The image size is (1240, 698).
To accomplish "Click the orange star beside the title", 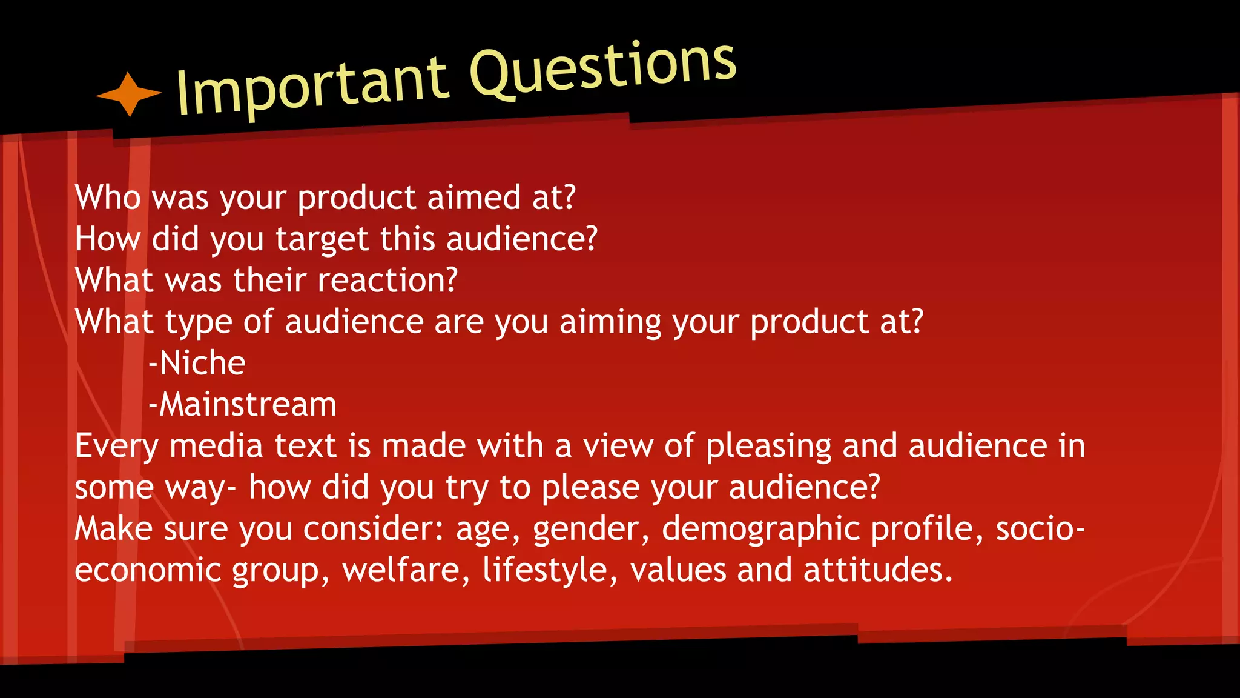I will tap(128, 94).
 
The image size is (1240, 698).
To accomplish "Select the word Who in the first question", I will tap(108, 198).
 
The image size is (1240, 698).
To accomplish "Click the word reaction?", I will tap(387, 281).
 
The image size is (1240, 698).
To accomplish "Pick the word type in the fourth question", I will tap(199, 322).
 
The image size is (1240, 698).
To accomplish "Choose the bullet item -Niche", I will tap(197, 364).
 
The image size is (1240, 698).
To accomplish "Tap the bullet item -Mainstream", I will tap(242, 405).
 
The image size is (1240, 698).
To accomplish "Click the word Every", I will tap(116, 447).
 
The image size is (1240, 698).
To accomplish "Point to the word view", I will tap(618, 447).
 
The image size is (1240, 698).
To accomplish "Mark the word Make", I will tap(113, 529).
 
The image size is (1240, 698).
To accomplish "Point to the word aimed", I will tap(474, 198).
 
